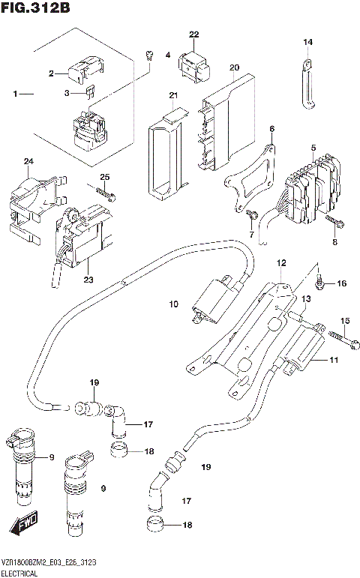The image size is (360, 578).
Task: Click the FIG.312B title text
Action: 35,8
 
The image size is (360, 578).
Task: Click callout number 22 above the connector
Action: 194,35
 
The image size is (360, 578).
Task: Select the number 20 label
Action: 234,68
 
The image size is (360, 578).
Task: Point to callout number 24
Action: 28,162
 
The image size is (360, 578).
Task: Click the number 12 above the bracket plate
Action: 281,263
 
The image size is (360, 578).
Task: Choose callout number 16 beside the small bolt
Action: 341,283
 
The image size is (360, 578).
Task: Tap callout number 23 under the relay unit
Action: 88,280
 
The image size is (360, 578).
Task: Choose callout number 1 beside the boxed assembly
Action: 16,94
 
